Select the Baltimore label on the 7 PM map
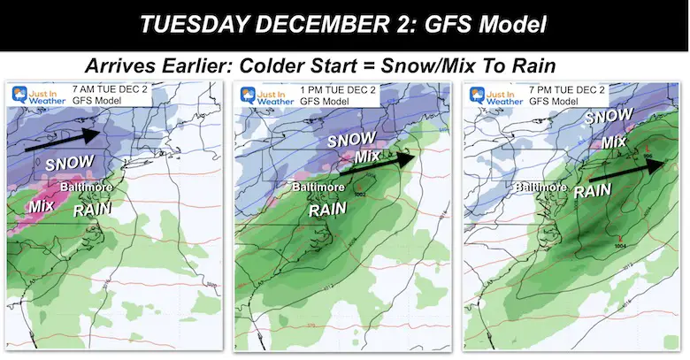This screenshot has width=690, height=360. tap(537, 187)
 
